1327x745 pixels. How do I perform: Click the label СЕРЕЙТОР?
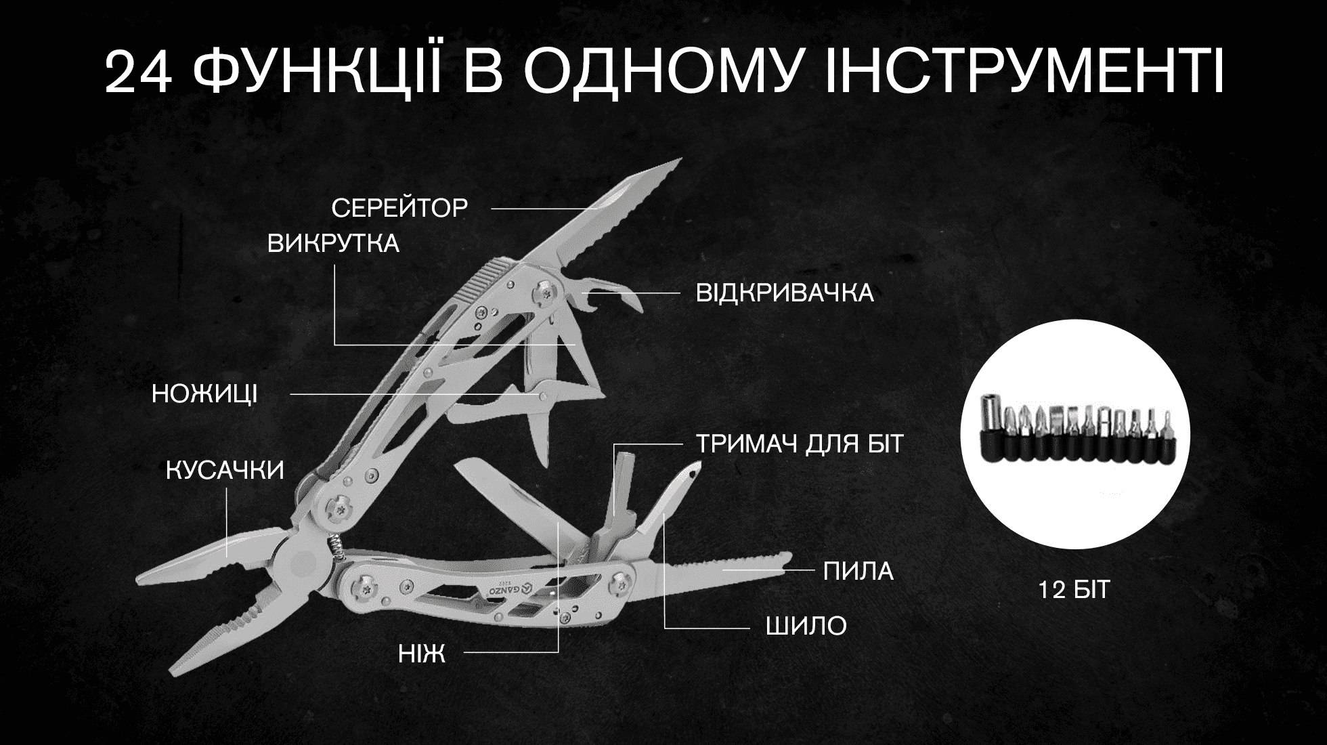[x=399, y=208]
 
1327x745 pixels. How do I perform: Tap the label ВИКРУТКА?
[x=333, y=244]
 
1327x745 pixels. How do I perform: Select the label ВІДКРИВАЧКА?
[x=785, y=294]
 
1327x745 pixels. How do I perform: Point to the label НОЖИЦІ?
[x=204, y=394]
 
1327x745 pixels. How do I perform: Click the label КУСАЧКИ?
[x=225, y=471]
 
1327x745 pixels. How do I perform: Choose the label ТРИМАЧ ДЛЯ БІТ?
[x=800, y=444]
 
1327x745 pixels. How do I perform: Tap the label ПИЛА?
[x=858, y=572]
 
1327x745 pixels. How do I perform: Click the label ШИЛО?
[x=806, y=626]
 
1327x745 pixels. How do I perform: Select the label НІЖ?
[x=422, y=654]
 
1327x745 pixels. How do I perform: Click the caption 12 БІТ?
[x=1074, y=590]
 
